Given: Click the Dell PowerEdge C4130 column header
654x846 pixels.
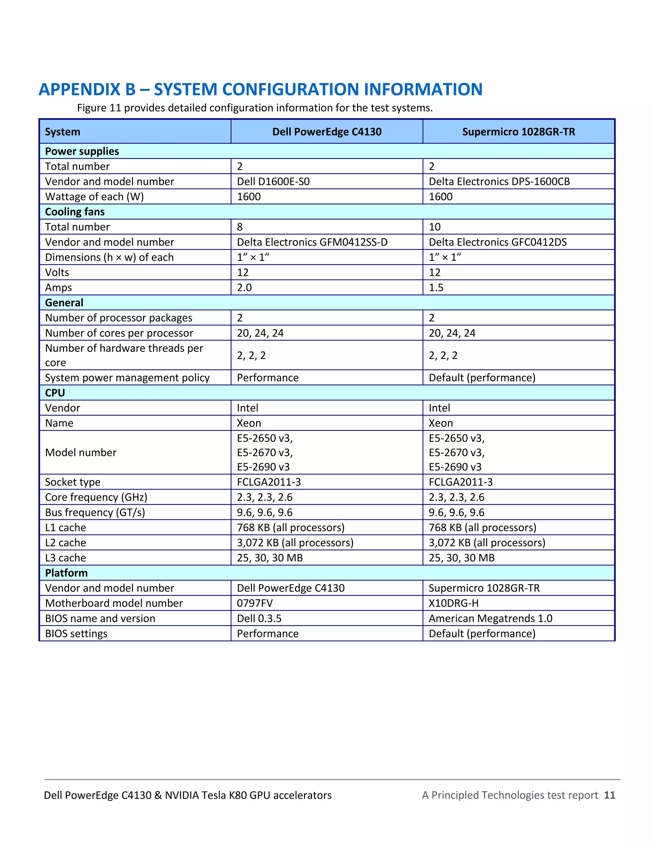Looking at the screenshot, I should [x=327, y=132].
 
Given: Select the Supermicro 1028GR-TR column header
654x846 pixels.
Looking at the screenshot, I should [x=518, y=132].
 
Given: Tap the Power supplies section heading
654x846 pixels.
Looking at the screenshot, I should [x=82, y=151].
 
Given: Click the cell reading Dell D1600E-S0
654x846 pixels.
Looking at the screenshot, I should [x=273, y=181].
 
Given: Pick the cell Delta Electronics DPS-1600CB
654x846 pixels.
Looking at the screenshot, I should [x=499, y=181].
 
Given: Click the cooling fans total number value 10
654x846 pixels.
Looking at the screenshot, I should [x=435, y=227].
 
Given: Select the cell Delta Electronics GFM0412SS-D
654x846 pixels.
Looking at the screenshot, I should [x=312, y=242].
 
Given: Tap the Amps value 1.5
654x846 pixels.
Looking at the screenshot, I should [x=436, y=287].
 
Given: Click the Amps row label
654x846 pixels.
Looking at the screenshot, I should [x=58, y=287].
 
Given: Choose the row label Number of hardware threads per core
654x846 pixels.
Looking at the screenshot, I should [x=124, y=355].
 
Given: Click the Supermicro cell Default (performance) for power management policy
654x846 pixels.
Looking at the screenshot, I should [x=482, y=378].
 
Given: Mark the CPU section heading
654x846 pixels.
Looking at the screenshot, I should [x=55, y=393].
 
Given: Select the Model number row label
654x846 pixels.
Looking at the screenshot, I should [x=80, y=452].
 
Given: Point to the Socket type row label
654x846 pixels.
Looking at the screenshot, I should [x=73, y=482].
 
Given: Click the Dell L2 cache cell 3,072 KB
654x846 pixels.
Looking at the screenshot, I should [x=295, y=543].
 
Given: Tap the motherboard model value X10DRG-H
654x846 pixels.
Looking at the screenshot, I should [x=453, y=603].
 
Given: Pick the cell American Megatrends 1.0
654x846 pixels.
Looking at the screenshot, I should [x=490, y=618].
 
